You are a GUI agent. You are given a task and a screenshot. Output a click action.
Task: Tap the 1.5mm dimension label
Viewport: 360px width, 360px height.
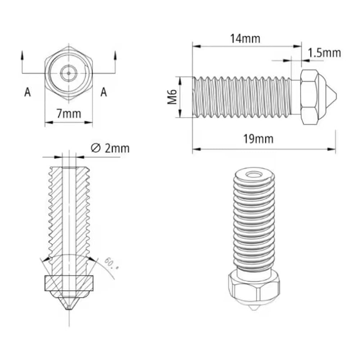coord(324,53)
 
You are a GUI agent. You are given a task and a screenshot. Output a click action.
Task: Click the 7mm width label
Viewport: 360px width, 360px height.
coord(69,114)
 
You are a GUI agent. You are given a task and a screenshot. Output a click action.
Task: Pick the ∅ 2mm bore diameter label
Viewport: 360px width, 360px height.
coord(110,148)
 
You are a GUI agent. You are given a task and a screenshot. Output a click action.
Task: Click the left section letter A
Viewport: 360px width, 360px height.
coord(27,92)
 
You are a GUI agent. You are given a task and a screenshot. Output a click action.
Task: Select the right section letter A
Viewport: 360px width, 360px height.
coord(104,92)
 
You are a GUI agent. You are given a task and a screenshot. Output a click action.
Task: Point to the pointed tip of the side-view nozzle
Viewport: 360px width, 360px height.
coord(335,97)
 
